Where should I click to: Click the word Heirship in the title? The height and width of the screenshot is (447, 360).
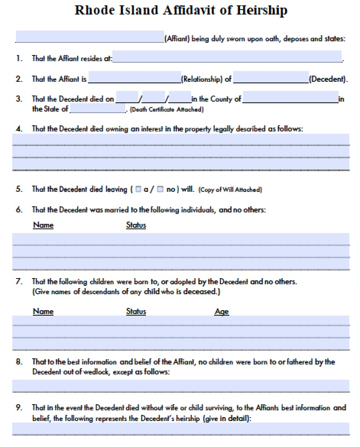[x=262, y=10]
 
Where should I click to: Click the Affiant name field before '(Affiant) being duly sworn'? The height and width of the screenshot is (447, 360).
[x=90, y=37]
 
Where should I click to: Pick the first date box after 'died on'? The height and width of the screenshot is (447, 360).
[x=127, y=97]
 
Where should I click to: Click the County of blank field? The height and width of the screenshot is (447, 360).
[x=290, y=97]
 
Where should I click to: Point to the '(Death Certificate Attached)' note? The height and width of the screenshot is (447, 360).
[x=167, y=110]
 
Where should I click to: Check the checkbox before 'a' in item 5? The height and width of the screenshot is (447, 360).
[x=138, y=189]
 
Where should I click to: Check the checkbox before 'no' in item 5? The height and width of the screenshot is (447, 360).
[x=161, y=189]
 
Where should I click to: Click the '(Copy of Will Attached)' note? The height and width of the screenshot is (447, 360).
[x=230, y=189]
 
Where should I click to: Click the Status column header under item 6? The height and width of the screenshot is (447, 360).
[x=136, y=225]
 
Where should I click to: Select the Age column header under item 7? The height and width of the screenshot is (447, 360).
[x=222, y=312]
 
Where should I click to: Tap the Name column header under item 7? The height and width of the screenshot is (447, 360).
[x=43, y=311]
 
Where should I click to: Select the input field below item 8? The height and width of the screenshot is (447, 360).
[x=181, y=386]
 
